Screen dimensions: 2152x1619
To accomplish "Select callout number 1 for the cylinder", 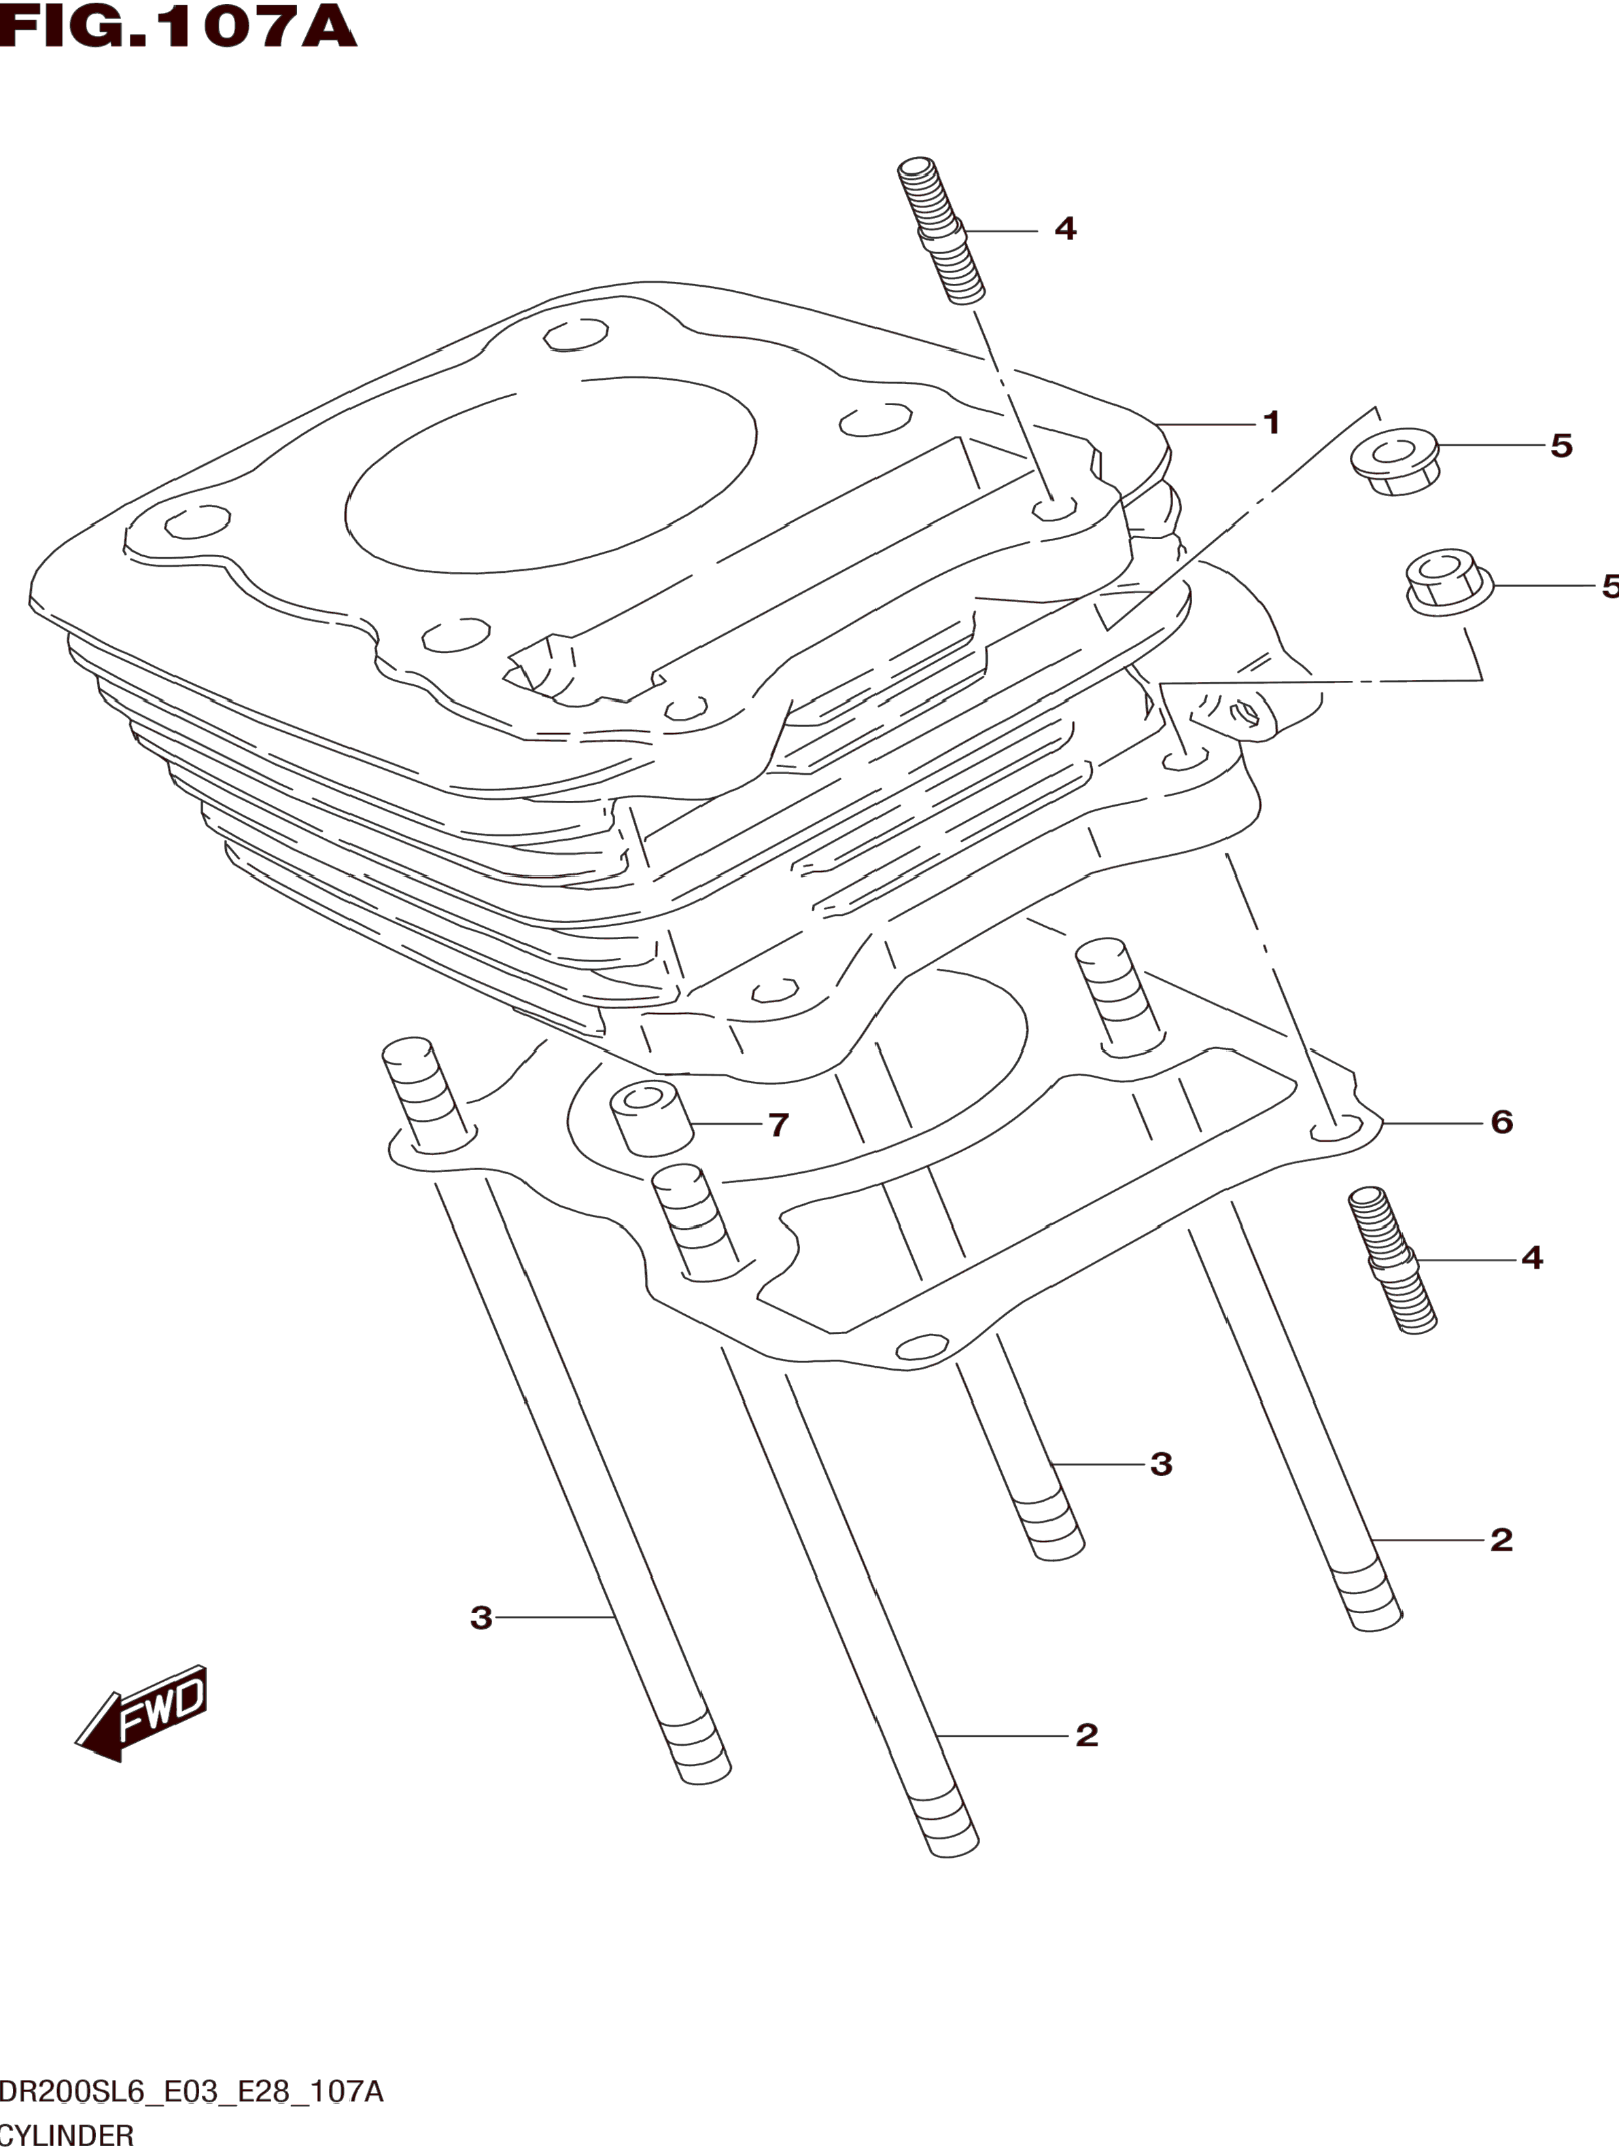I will click(x=1271, y=423).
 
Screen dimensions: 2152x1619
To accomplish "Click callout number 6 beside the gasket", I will click(x=1501, y=1122).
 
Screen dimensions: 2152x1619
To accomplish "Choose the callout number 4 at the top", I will click(x=1065, y=230).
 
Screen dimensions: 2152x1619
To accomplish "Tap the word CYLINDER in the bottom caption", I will click(x=66, y=2136).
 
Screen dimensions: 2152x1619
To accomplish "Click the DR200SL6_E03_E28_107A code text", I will click(x=192, y=2092).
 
